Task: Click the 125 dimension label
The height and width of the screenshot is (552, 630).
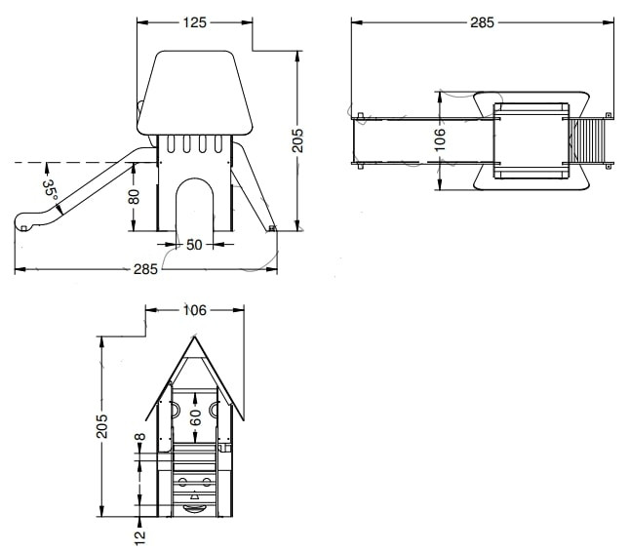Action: click(194, 22)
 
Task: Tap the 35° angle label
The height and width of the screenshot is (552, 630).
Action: click(50, 190)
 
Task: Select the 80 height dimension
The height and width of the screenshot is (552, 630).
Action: click(135, 196)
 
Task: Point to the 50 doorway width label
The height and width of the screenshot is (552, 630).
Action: click(194, 244)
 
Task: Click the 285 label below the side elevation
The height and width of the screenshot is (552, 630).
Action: click(145, 269)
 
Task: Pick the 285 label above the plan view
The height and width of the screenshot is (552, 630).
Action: click(482, 22)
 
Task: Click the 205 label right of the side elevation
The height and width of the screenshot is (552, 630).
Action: click(297, 140)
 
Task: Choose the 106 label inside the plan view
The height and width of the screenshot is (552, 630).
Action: click(441, 139)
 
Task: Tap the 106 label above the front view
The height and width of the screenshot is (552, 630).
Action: click(195, 310)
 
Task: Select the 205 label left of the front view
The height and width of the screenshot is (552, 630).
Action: click(102, 426)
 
